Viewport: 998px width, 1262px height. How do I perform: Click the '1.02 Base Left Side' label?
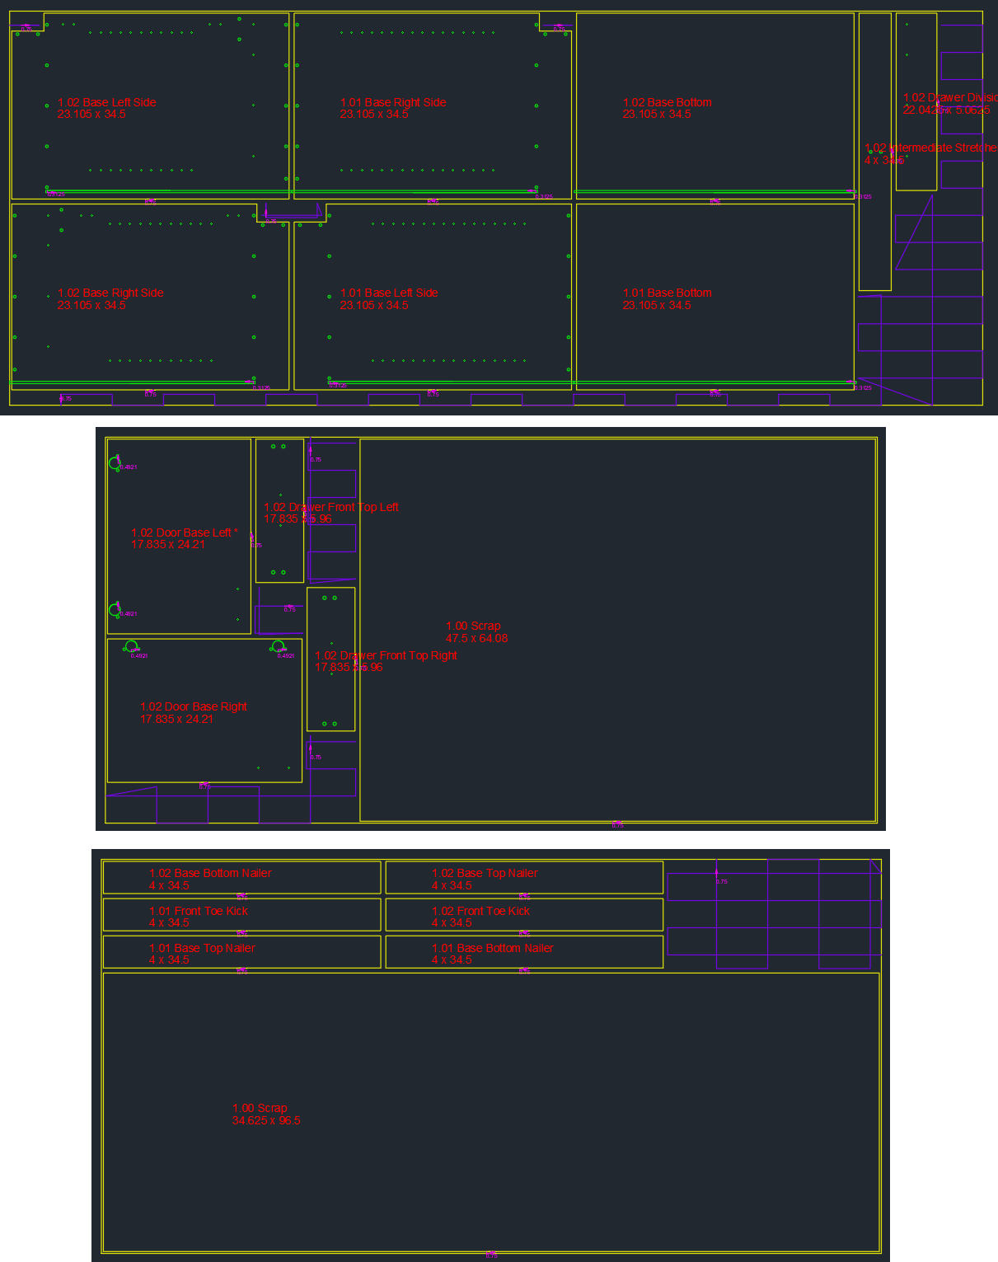point(106,103)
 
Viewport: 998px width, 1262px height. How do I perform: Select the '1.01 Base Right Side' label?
point(393,103)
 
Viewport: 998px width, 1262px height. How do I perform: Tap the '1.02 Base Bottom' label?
point(667,103)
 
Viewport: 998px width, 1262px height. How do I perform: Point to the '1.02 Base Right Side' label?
point(110,293)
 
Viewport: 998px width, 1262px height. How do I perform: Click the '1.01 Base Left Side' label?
point(389,293)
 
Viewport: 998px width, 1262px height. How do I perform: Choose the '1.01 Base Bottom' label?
point(667,293)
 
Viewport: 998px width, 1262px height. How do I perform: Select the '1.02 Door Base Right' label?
point(194,707)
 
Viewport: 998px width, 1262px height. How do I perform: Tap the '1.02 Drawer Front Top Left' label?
point(330,508)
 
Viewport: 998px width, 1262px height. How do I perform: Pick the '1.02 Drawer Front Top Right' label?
point(386,656)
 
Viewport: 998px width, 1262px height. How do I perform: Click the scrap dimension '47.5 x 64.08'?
point(476,639)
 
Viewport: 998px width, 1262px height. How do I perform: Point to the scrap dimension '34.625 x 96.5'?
point(266,1121)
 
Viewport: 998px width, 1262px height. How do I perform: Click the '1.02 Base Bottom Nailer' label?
point(210,874)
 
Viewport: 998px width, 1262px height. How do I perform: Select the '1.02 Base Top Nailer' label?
point(485,874)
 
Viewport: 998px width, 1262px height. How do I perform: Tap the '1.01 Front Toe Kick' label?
point(198,912)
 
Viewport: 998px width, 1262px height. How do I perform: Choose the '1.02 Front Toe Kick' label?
point(480,912)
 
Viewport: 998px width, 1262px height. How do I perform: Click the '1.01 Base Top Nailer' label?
point(202,949)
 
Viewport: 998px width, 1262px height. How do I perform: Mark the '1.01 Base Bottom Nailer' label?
point(492,949)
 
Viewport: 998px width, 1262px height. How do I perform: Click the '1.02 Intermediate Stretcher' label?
point(930,148)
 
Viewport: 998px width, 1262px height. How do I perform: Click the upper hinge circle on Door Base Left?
point(115,463)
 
